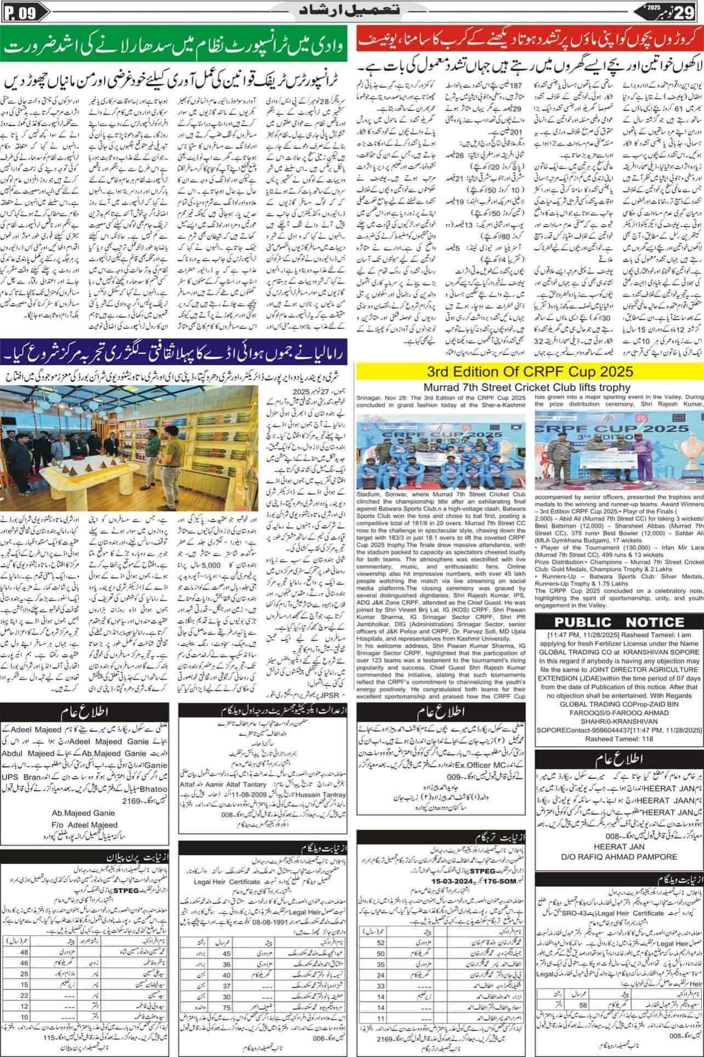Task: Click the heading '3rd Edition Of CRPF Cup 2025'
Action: pyautogui.click(x=530, y=372)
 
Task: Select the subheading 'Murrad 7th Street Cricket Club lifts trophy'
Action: pyautogui.click(x=529, y=387)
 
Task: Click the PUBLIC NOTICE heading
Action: pyautogui.click(x=618, y=622)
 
